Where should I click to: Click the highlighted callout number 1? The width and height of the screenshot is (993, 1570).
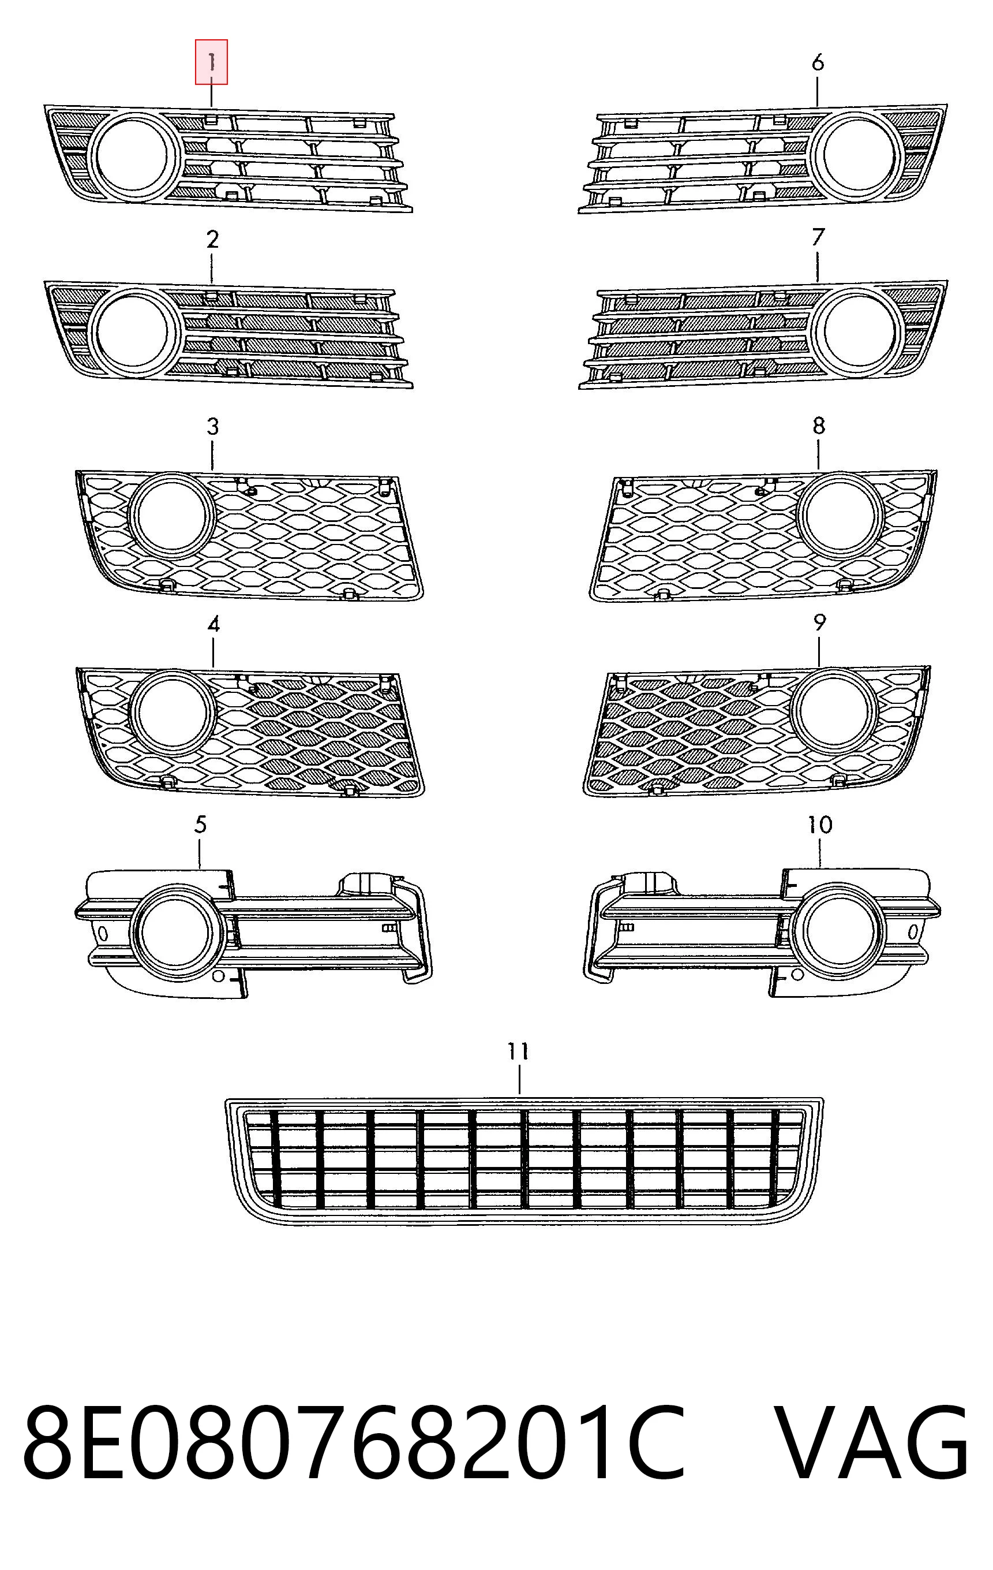pyautogui.click(x=212, y=62)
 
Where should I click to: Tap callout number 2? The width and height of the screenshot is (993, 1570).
pyautogui.click(x=212, y=240)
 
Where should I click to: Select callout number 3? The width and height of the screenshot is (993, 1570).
pyautogui.click(x=213, y=427)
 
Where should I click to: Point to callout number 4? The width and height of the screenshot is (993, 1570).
pyautogui.click(x=213, y=625)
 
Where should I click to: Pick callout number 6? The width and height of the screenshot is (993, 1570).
pyautogui.click(x=818, y=62)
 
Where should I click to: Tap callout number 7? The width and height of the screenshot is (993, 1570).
pyautogui.click(x=818, y=237)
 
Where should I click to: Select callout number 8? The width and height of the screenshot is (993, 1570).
pyautogui.click(x=819, y=426)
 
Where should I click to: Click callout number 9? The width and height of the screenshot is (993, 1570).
pyautogui.click(x=820, y=622)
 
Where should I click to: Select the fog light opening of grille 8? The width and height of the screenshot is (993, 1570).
pyautogui.click(x=841, y=514)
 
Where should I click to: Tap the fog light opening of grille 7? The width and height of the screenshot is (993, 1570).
pyautogui.click(x=860, y=333)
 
